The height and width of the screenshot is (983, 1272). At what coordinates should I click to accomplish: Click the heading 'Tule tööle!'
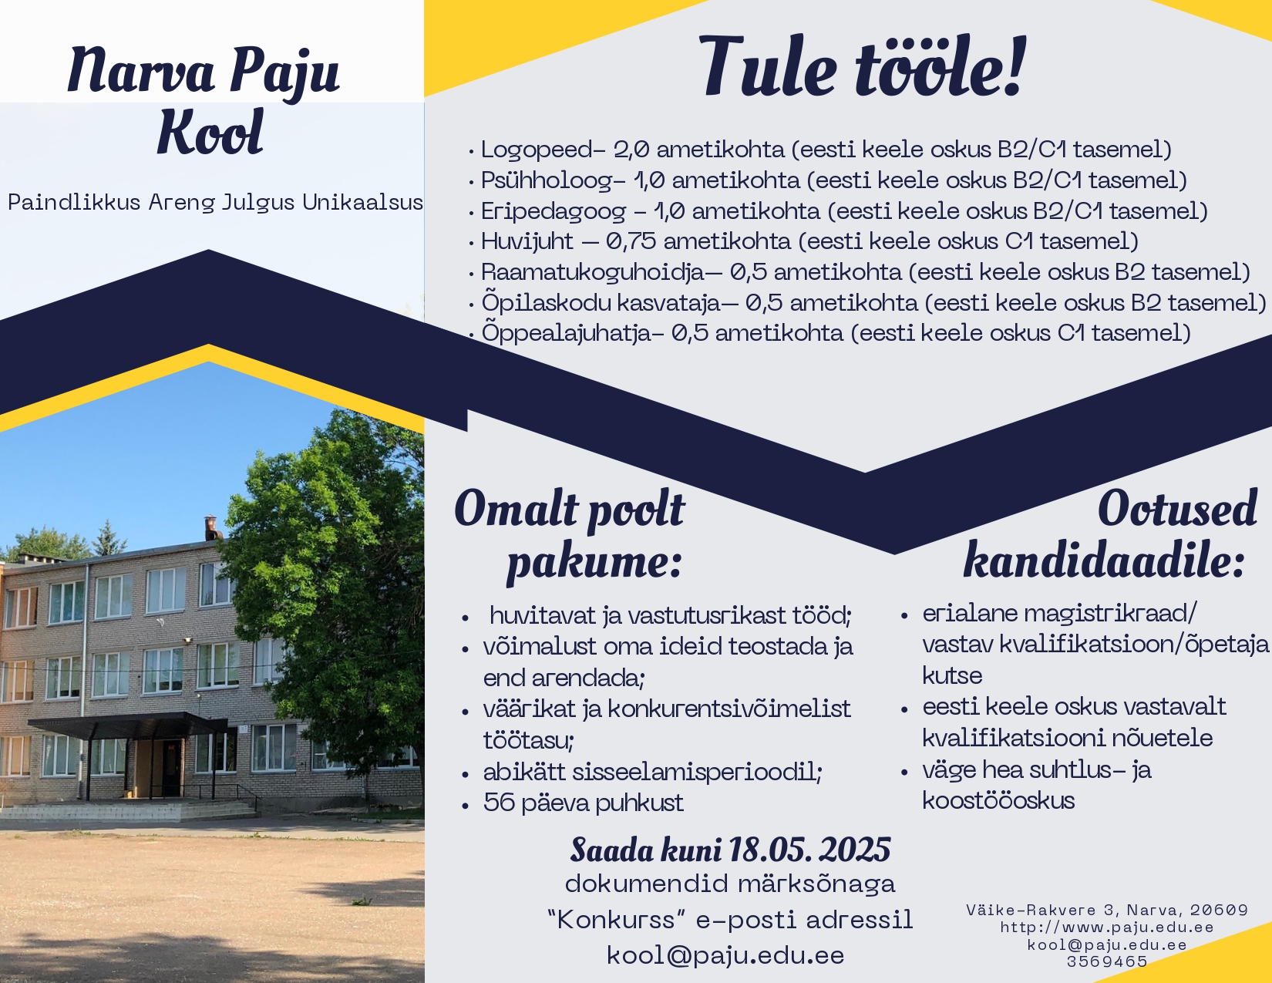[862, 66]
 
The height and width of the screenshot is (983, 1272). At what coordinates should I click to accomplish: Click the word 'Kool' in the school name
[210, 132]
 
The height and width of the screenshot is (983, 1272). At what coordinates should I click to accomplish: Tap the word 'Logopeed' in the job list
[537, 150]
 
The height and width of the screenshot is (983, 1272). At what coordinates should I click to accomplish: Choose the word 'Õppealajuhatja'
[566, 332]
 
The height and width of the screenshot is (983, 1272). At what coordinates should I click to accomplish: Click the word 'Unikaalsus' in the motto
[362, 203]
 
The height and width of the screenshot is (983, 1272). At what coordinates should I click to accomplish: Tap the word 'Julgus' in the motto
[258, 204]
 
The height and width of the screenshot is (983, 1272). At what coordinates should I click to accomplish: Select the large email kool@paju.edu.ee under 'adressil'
[726, 955]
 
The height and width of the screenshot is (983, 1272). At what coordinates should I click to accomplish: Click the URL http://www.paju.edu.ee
[1107, 927]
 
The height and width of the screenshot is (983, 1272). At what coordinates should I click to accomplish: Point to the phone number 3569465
[1107, 962]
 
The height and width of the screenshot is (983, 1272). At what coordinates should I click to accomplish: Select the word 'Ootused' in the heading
[1178, 508]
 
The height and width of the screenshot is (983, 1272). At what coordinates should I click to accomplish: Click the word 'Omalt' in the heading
[517, 508]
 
